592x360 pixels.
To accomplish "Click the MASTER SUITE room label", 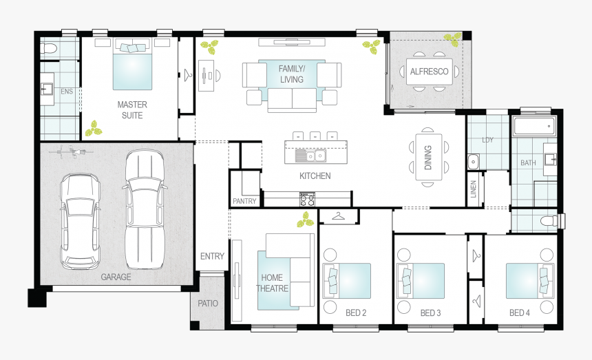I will pyautogui.click(x=131, y=110).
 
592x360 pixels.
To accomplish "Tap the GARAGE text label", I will pyautogui.click(x=116, y=277).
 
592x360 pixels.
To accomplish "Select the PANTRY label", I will pyautogui.click(x=244, y=202).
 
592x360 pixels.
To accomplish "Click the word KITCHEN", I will pyautogui.click(x=315, y=176).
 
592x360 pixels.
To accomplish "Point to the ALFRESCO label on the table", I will pyautogui.click(x=429, y=72).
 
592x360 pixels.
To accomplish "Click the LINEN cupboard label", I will pyautogui.click(x=474, y=189).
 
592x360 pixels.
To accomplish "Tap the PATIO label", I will pyautogui.click(x=207, y=304).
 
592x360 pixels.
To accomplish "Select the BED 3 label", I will pyautogui.click(x=430, y=313).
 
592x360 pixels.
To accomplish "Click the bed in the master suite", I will pyautogui.click(x=132, y=65).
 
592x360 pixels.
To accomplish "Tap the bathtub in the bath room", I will pyautogui.click(x=534, y=126).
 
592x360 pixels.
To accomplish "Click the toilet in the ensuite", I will pyautogui.click(x=48, y=49).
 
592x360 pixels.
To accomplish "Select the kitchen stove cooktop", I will pyautogui.click(x=307, y=200).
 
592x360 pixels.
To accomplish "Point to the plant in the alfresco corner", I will pyautogui.click(x=452, y=39).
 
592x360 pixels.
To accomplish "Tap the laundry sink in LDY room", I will pyautogui.click(x=474, y=162).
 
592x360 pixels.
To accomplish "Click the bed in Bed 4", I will pyautogui.click(x=530, y=280).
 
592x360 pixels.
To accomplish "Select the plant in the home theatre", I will pyautogui.click(x=304, y=220).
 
